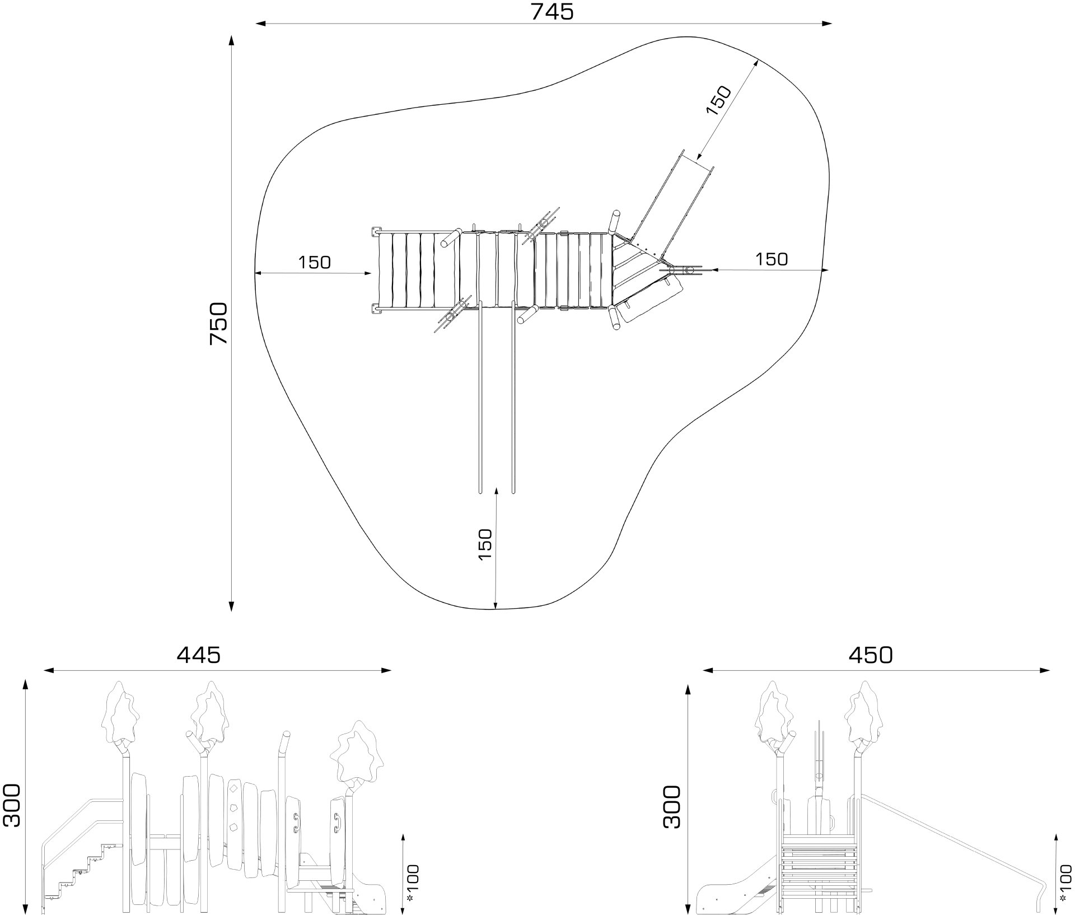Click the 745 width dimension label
coord(552,11)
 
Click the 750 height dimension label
coord(218,324)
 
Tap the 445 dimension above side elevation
coord(199,655)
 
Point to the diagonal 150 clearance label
coord(719,101)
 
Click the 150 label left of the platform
coord(314,262)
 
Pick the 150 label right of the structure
coord(771,259)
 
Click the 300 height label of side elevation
coord(11,806)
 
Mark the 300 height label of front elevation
coord(672,807)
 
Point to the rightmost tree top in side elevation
coord(355,753)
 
